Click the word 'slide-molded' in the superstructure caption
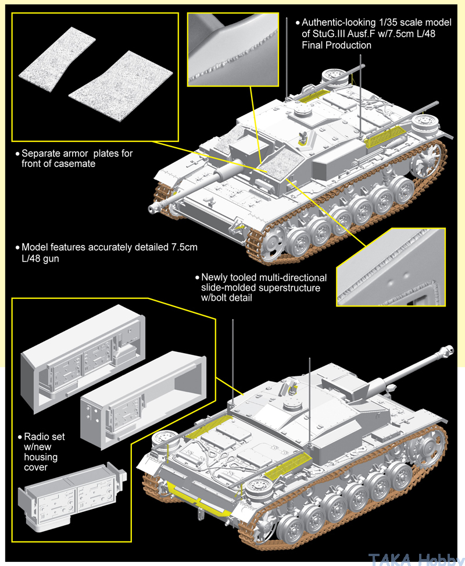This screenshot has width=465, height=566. point(227,287)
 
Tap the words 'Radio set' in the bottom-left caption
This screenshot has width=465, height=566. point(44,436)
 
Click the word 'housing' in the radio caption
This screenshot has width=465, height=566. point(40,458)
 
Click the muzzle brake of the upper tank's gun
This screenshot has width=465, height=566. point(155,207)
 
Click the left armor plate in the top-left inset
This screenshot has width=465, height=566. point(56,62)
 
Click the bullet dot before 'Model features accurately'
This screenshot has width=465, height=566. point(17,248)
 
